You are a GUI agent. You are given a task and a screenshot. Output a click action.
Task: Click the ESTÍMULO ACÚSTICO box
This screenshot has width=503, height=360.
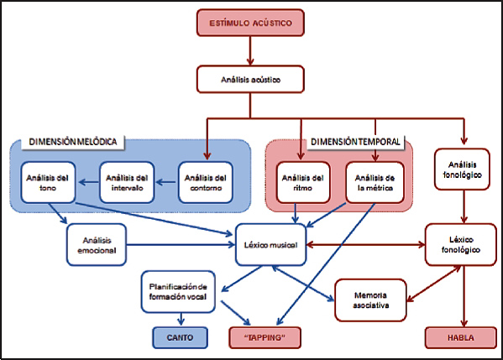point(250,23)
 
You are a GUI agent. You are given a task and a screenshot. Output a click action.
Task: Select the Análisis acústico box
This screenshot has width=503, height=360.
point(250,80)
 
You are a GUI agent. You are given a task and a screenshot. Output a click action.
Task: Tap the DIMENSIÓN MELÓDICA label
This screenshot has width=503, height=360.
point(73,142)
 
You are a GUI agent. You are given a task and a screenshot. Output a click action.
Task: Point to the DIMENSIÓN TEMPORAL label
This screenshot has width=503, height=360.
point(355,142)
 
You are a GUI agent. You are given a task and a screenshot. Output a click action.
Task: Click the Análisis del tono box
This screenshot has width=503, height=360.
point(48,183)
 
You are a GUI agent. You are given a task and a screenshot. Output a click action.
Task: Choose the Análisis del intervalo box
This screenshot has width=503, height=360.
point(127,183)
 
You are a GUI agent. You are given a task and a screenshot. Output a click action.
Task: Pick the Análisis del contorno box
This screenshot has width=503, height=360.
point(206,183)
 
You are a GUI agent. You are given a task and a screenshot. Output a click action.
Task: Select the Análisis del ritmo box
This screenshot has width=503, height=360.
point(303,183)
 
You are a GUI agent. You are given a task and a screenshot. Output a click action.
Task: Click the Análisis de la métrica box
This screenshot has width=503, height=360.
point(375,183)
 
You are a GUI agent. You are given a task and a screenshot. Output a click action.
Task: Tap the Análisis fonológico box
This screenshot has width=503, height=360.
point(462,170)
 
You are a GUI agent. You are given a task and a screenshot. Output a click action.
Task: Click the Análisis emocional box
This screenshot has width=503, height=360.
point(97,245)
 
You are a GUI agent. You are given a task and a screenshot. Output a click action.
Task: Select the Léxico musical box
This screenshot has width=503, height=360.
point(271,245)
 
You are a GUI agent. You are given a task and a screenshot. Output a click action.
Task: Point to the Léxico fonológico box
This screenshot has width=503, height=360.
point(461,245)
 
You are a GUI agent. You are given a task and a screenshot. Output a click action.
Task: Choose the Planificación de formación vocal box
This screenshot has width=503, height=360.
point(178,292)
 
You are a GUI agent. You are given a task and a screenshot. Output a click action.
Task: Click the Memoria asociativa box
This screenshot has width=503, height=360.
point(371,300)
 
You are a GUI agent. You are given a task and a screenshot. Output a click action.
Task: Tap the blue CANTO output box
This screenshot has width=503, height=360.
point(180,337)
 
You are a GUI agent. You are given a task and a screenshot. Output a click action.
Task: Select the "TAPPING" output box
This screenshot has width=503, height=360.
point(265,337)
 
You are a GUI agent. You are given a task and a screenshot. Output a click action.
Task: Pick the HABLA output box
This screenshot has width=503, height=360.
point(461,337)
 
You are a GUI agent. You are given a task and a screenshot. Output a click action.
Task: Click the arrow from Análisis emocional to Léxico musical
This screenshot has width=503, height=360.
point(181,245)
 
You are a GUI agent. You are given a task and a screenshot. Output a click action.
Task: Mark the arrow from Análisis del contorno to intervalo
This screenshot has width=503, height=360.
point(166,183)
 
